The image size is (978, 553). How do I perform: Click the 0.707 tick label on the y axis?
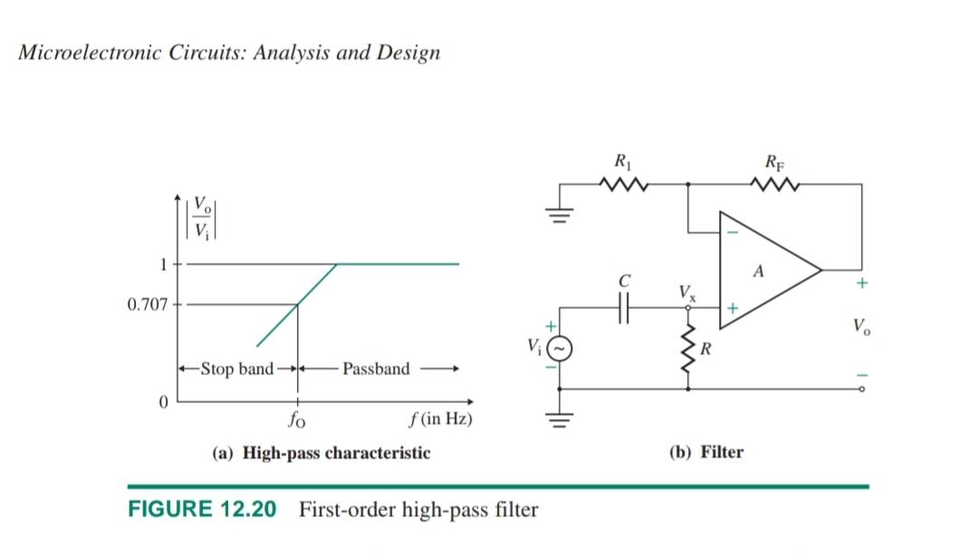[148, 304]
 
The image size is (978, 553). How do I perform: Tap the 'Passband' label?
[376, 368]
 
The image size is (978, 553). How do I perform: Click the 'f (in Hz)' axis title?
[441, 420]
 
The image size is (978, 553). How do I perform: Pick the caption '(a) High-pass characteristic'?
[321, 453]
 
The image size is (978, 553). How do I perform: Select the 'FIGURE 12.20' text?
[202, 510]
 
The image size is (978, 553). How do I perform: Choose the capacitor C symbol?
[623, 310]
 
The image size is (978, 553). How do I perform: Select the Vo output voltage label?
[860, 327]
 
